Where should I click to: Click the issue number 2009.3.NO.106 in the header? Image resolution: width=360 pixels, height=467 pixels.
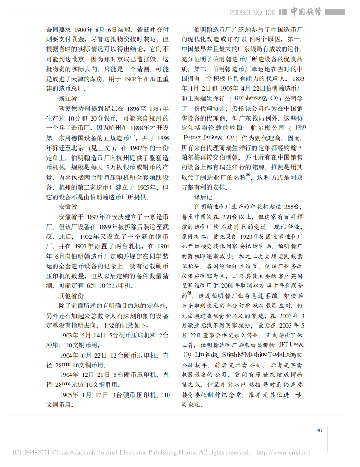click(x=252, y=12)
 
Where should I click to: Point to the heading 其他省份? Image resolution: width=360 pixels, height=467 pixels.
click(x=71, y=295)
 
